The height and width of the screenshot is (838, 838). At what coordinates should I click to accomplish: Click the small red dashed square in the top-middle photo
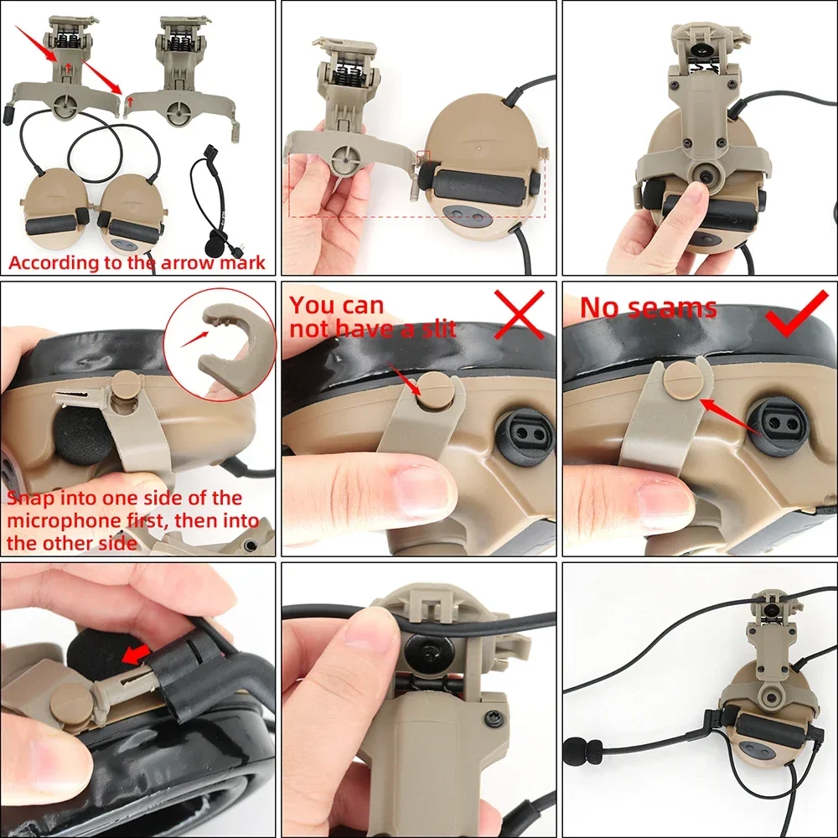423,157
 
